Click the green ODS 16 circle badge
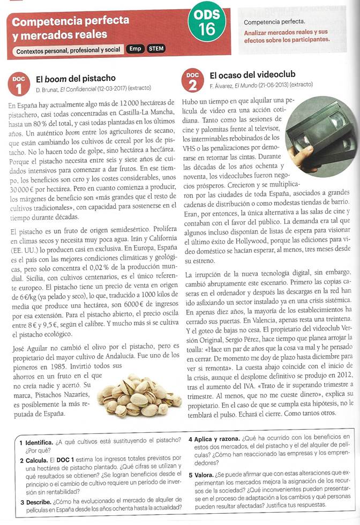tap(206, 24)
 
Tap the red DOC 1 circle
tap(18, 83)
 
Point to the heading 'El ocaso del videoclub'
tap(252, 76)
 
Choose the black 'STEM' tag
tap(156, 49)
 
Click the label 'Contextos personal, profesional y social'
tap(69, 50)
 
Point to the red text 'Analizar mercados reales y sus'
tap(285, 32)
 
